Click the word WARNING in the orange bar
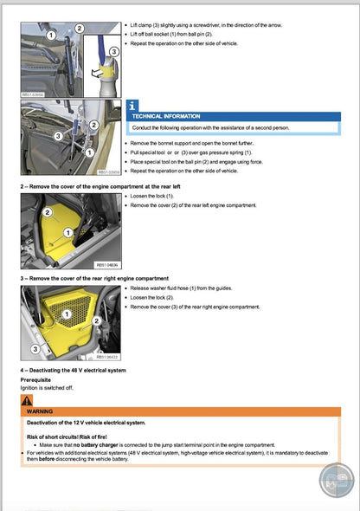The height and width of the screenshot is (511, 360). coord(41,411)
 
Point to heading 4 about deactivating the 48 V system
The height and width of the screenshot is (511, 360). coord(74,370)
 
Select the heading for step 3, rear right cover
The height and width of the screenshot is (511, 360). coord(94,279)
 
